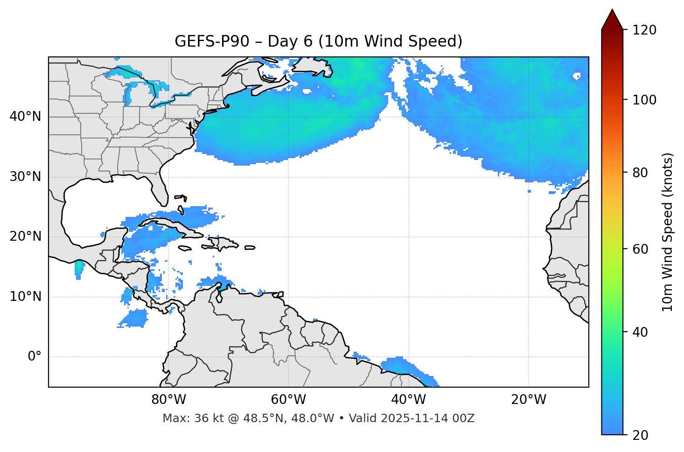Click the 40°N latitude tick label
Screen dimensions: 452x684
[x=25, y=117]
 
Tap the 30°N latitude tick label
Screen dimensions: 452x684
[x=25, y=177]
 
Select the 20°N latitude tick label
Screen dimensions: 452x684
[x=25, y=236]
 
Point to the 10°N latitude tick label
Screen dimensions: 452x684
[x=25, y=297]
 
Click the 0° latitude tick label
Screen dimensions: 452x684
[x=35, y=357]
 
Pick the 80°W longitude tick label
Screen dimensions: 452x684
[x=168, y=400]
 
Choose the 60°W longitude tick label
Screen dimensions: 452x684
[x=288, y=400]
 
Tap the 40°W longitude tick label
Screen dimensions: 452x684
[x=408, y=400]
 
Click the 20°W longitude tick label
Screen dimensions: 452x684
[x=528, y=400]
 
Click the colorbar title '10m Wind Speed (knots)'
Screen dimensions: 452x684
[x=668, y=232]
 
